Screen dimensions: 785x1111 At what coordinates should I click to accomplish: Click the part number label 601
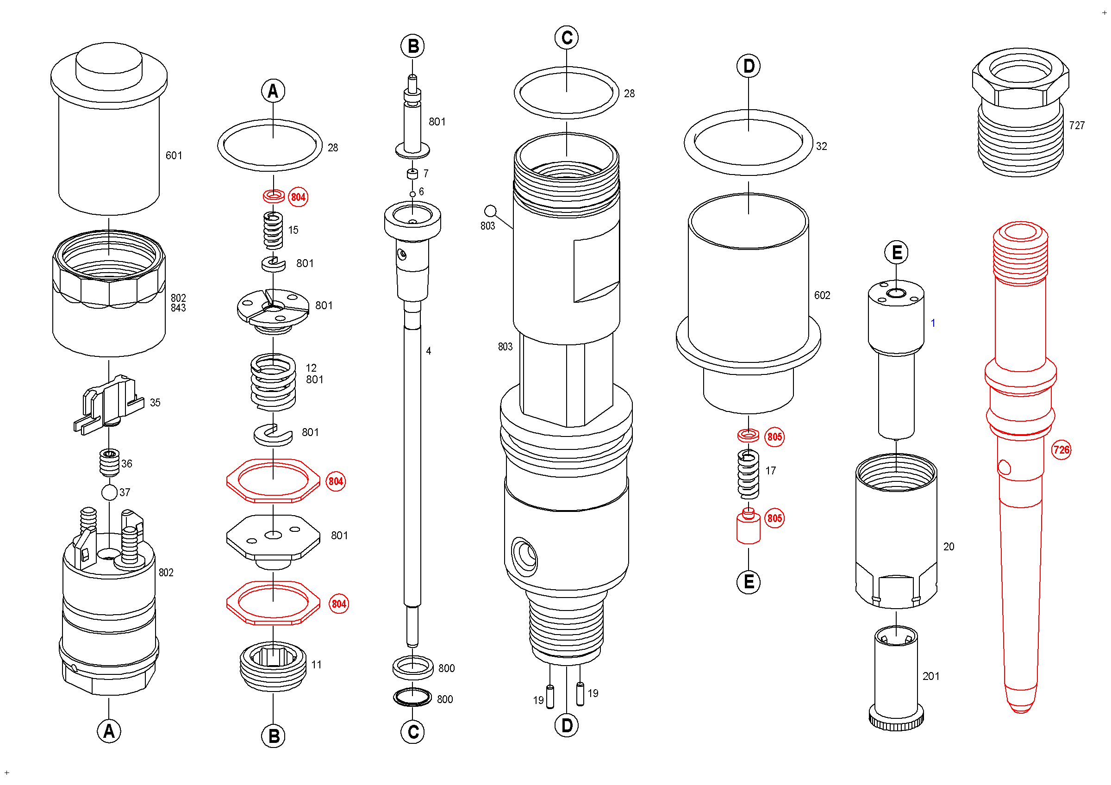pos(174,156)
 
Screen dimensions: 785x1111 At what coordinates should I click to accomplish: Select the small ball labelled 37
pos(110,493)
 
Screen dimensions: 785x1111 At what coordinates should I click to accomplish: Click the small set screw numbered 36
pos(110,463)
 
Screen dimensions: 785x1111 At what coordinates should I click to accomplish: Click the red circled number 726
pos(1061,450)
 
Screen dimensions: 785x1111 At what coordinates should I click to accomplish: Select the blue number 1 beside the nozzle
pos(933,323)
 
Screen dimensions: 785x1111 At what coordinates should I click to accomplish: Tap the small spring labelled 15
pos(274,231)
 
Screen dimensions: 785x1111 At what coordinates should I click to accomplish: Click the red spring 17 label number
pos(770,471)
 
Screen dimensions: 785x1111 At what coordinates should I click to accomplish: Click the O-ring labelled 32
pos(749,143)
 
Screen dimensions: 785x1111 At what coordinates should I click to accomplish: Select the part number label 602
pos(822,295)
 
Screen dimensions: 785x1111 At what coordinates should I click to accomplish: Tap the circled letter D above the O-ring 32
pos(749,66)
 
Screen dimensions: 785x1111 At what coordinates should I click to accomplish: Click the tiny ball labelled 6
pos(413,194)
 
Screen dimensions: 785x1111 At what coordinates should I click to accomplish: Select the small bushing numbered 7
pos(412,174)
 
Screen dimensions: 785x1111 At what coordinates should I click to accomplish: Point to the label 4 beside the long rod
pos(429,351)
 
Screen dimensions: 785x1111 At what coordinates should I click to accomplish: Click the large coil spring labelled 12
pos(274,382)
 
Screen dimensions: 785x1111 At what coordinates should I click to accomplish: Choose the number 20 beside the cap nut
pos(949,547)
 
